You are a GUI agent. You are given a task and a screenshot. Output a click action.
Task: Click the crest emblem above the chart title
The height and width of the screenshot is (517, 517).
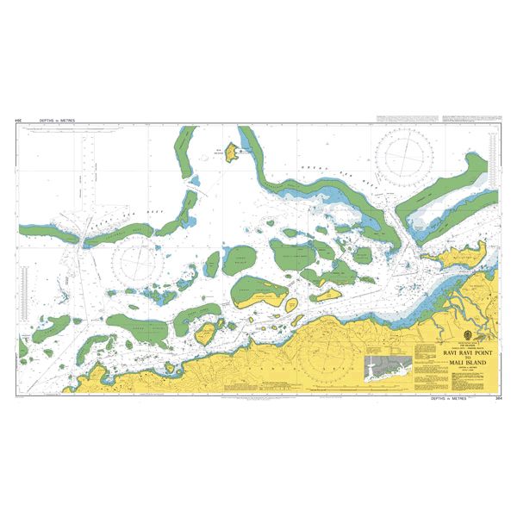[x=466, y=335]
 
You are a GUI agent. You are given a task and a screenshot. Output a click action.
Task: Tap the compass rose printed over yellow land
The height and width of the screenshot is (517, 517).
[x=325, y=356]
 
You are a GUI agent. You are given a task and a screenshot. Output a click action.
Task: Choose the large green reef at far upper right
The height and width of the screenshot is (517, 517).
[x=452, y=185]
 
